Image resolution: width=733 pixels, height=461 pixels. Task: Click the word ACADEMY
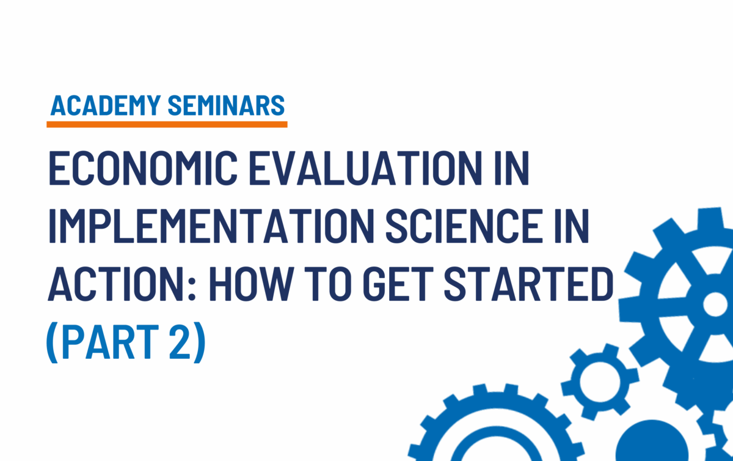(x=106, y=106)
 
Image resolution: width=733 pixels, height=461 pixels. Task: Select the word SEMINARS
(x=226, y=106)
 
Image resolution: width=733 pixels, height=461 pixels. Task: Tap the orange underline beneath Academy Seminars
(x=167, y=125)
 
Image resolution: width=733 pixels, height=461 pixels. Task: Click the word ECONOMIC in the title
(x=143, y=168)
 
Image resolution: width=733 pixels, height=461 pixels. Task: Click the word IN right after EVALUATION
(x=512, y=168)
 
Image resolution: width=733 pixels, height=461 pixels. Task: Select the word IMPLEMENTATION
(x=212, y=226)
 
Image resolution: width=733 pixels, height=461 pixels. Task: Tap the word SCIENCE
(x=464, y=226)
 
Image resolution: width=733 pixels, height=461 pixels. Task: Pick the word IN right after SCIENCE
(x=572, y=226)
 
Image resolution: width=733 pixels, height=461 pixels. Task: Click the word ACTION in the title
(x=116, y=284)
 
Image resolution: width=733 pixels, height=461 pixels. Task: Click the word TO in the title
(x=324, y=284)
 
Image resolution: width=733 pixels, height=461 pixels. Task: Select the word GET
(x=393, y=284)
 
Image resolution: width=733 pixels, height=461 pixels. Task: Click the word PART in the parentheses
(x=109, y=341)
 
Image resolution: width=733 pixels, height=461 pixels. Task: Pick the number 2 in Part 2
(x=180, y=341)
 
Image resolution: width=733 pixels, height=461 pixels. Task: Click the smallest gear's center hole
(x=600, y=382)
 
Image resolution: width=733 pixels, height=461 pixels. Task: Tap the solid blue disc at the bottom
(x=652, y=441)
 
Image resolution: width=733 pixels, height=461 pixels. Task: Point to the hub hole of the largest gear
(x=715, y=304)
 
